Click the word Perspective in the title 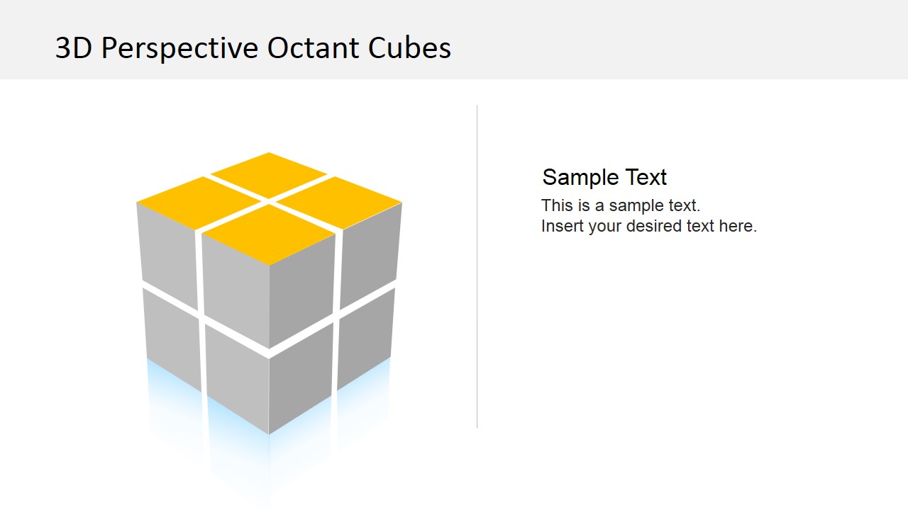coord(180,48)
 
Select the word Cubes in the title coord(409,48)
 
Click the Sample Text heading coord(604,177)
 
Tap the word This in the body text coord(556,205)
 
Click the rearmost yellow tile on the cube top coord(269,174)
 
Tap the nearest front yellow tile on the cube coord(269,234)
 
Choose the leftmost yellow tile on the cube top coord(199,202)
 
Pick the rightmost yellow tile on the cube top coord(339,202)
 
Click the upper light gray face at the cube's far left coord(167,255)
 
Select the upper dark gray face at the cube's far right coord(370,255)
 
